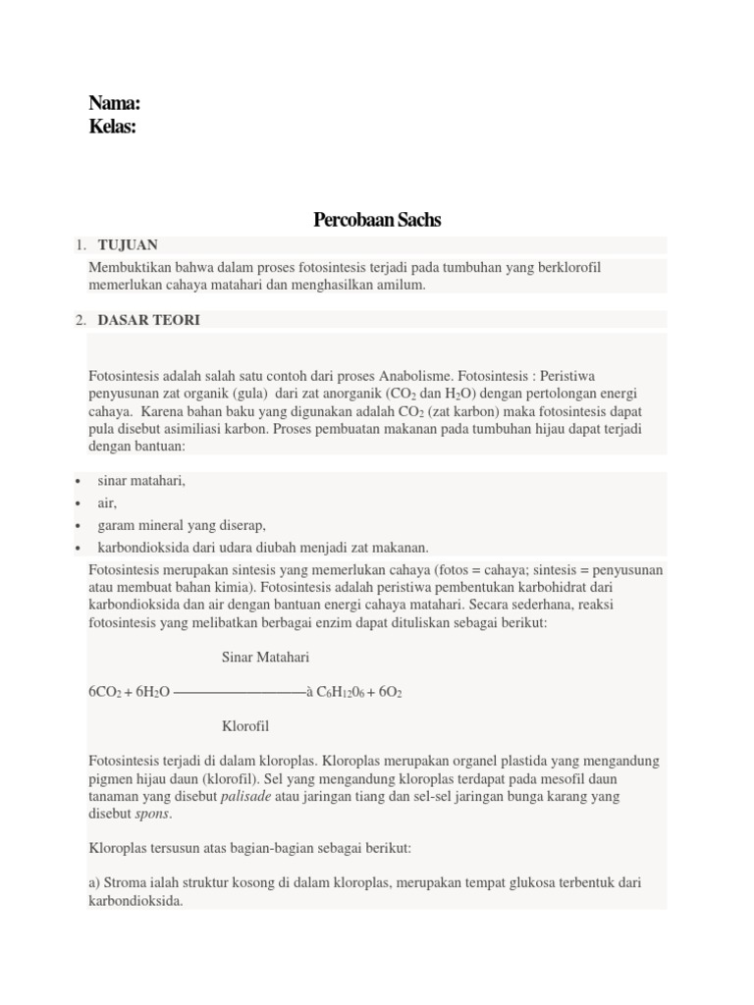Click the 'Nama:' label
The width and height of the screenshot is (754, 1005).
pyautogui.click(x=114, y=103)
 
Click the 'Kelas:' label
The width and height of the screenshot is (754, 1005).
pyautogui.click(x=112, y=127)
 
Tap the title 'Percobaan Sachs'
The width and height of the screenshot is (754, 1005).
pyautogui.click(x=377, y=220)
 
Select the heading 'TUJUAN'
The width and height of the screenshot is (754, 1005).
pyautogui.click(x=128, y=244)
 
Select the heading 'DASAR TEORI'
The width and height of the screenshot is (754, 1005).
pyautogui.click(x=148, y=320)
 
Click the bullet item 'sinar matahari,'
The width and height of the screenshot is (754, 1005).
pyautogui.click(x=141, y=481)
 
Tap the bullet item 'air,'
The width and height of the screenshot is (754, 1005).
pyautogui.click(x=107, y=503)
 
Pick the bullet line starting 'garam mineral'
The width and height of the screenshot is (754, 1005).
pyautogui.click(x=182, y=525)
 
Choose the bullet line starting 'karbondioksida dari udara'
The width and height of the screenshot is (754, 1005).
pyautogui.click(x=263, y=548)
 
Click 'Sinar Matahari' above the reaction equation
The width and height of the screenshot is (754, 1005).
pyautogui.click(x=265, y=657)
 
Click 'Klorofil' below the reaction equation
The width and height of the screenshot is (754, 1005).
pyautogui.click(x=245, y=726)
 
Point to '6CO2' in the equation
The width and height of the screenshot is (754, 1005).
pyautogui.click(x=104, y=692)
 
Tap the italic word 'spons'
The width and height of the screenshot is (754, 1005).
pyautogui.click(x=152, y=815)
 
